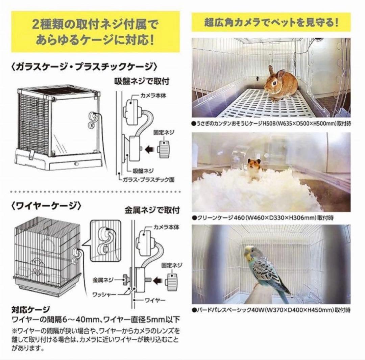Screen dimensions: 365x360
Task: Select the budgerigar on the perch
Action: [x=265, y=270]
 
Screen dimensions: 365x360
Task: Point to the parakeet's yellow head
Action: [x=249, y=253]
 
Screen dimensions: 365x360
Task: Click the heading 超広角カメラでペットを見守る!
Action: [x=271, y=23]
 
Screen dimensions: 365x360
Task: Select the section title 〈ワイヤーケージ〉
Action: [x=46, y=206]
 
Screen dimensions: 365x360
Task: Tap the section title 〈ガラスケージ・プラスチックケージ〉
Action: [x=84, y=67]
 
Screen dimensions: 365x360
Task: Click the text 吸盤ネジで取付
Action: [x=142, y=81]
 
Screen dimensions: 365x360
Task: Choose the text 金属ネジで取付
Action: [x=152, y=210]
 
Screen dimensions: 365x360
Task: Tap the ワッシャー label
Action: [x=104, y=295]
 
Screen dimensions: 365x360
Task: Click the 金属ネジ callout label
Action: [x=103, y=280]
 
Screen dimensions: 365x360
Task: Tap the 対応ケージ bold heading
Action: [x=31, y=310]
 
